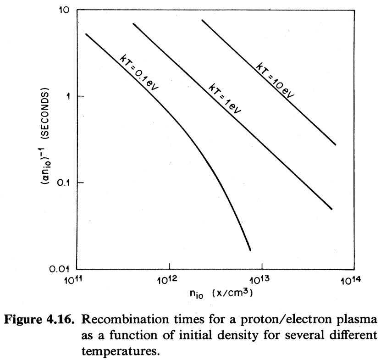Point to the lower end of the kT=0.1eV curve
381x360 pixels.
click(x=250, y=250)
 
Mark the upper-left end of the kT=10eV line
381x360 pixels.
click(x=202, y=20)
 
